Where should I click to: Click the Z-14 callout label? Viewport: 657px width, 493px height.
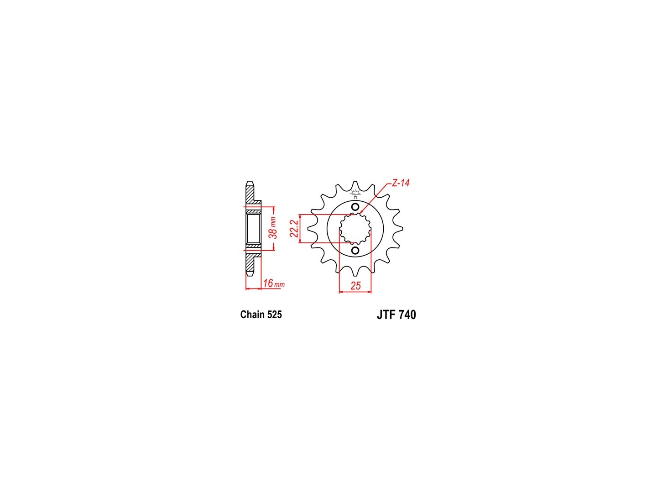pyautogui.click(x=401, y=183)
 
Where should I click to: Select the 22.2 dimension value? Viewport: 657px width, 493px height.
pyautogui.click(x=294, y=229)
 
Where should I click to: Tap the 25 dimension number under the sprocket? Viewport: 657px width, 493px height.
pyautogui.click(x=355, y=286)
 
